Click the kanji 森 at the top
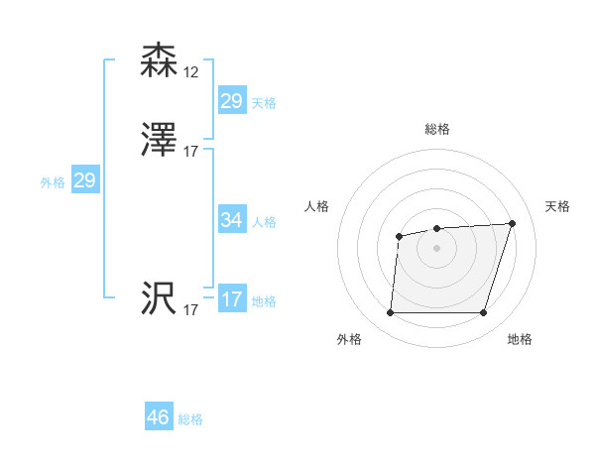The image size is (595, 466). point(160,60)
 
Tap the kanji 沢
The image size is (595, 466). point(160,299)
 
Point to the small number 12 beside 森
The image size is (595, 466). point(191,72)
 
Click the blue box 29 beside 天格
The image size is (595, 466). point(231,100)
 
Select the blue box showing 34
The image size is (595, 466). point(231,220)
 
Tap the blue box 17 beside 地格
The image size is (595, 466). point(231,299)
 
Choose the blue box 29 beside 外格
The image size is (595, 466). point(84,180)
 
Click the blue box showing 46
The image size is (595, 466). point(159,417)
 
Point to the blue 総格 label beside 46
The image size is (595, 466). point(190,419)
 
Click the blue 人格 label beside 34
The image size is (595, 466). point(265,221)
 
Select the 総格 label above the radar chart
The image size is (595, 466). point(437,129)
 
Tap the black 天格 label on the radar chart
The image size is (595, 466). point(557,206)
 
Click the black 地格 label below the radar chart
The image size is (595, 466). point(520,339)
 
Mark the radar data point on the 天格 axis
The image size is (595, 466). point(512,223)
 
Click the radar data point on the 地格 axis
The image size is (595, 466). point(483,313)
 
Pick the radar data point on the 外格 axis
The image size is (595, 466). point(390,313)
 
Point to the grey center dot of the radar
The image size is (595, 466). point(436,247)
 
